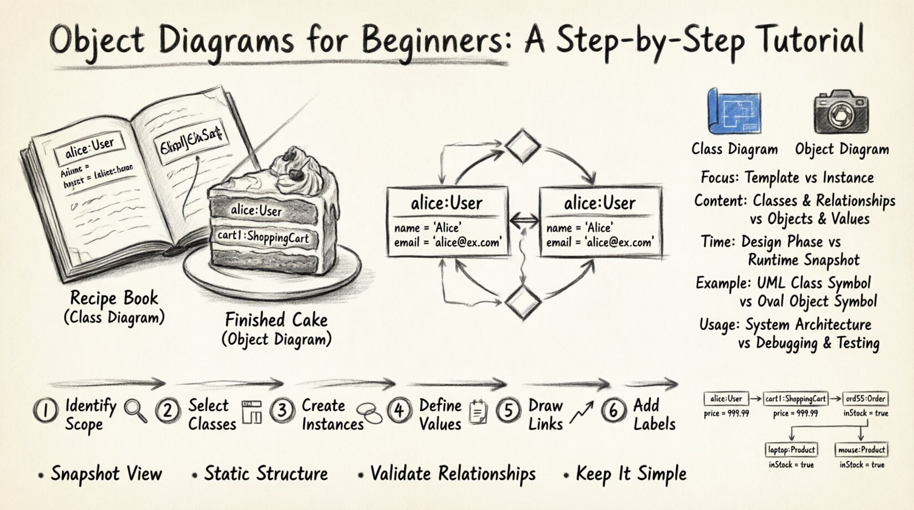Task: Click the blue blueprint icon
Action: [734, 112]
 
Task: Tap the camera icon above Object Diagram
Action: [840, 112]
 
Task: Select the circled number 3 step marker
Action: [282, 410]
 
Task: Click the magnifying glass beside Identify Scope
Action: [135, 411]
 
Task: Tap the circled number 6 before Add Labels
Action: [613, 410]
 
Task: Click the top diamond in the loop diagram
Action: [522, 146]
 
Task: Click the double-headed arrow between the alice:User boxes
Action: [524, 221]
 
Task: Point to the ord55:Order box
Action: [865, 398]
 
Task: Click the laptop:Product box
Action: [791, 450]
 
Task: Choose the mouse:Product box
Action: [861, 450]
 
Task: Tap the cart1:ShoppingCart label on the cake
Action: [263, 237]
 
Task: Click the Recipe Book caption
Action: [114, 298]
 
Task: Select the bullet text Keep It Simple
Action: [631, 474]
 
